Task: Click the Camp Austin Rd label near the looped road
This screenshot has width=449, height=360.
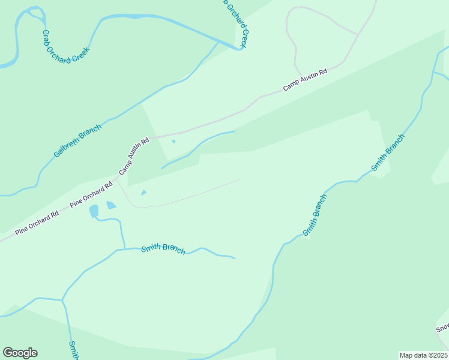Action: pos(305,80)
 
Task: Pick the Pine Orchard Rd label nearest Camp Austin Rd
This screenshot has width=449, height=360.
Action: pos(91,195)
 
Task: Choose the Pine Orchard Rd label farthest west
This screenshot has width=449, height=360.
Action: pos(37,221)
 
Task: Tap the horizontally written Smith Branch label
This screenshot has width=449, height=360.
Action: pos(163,249)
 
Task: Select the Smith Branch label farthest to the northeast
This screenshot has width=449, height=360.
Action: pos(388,152)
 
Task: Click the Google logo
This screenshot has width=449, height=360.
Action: pos(20,353)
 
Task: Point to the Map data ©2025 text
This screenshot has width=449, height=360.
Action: pos(423,355)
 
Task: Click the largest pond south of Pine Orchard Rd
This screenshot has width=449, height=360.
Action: pos(94,211)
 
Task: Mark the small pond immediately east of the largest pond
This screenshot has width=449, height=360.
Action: pos(111,205)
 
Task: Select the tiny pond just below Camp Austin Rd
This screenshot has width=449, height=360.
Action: pos(173,142)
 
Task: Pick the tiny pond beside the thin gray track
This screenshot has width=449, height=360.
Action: pos(143,193)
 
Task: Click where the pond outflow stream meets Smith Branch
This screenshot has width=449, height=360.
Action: pos(124,248)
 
